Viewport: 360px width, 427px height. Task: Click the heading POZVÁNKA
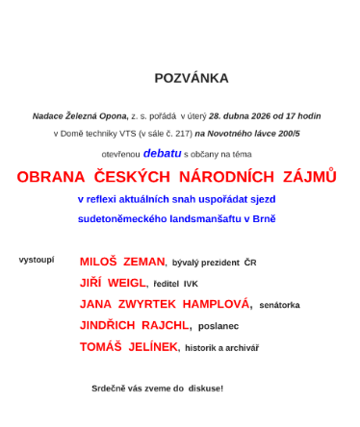coord(191,78)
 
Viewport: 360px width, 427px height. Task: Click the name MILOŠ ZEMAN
coord(122,262)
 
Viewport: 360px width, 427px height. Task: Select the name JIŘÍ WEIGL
coord(113,283)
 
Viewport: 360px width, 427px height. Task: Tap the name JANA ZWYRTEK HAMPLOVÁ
coord(165,304)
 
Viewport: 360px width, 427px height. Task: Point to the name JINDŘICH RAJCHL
coord(135,325)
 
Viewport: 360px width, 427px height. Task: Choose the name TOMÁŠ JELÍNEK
coord(128,347)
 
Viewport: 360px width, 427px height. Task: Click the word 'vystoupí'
coord(37,260)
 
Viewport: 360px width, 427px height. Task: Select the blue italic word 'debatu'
coord(162,153)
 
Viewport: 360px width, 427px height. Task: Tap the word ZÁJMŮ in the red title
coord(309,177)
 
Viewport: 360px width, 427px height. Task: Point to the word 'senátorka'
coord(279,305)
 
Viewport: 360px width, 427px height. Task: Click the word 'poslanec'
coord(219,326)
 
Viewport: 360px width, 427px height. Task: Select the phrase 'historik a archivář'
coord(221,348)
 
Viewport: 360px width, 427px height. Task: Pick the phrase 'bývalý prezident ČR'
coord(214,263)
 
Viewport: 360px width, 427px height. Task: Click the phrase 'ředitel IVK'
coord(176,284)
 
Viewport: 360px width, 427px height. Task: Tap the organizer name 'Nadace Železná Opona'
coord(80,115)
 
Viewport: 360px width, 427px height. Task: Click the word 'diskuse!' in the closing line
coord(204,389)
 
